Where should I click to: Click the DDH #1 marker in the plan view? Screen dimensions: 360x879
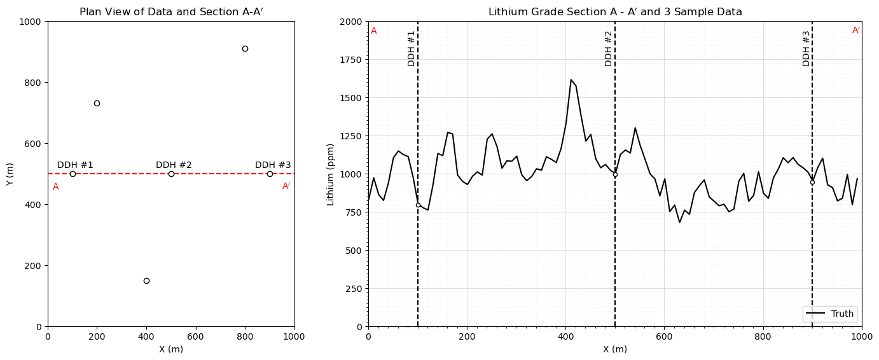coord(73,174)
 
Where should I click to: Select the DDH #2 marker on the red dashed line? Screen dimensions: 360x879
coord(171,174)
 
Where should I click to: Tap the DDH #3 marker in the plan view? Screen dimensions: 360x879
coord(270,174)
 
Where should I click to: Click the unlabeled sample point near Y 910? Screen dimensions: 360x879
coord(245,48)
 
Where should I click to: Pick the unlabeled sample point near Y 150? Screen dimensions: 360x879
coord(146,280)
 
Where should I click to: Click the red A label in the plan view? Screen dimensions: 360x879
coord(56,187)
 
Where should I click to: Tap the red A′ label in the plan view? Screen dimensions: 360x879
coord(286,186)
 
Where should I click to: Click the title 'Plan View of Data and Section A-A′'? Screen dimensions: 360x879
coord(170,12)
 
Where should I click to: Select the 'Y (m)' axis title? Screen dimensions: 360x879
coord(10,174)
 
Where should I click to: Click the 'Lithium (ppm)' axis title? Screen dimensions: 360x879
coord(331,174)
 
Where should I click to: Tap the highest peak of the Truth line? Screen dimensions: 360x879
coord(571,80)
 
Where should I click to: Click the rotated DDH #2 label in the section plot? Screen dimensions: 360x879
coord(609,48)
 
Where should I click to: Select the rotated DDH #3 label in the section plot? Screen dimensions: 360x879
coord(806,48)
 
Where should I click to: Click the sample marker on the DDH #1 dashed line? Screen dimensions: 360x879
coord(418,205)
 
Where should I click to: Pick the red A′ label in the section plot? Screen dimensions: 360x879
coord(856,31)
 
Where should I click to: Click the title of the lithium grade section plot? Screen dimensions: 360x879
coord(615,12)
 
